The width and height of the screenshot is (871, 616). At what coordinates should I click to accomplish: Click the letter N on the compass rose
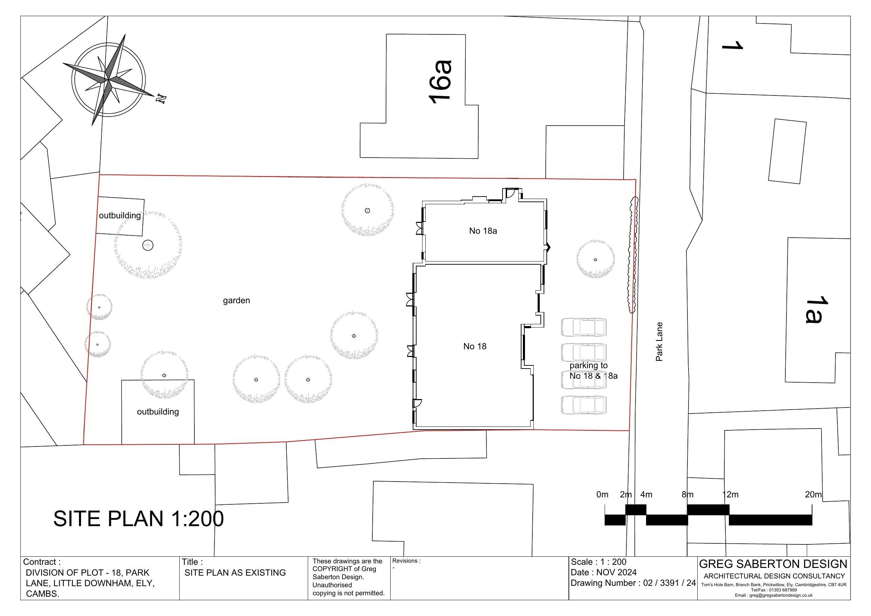(x=161, y=99)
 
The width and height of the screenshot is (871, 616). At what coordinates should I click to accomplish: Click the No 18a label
(x=483, y=231)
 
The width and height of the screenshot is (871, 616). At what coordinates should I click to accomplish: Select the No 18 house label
(x=474, y=346)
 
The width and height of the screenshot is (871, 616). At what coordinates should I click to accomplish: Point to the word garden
(x=236, y=300)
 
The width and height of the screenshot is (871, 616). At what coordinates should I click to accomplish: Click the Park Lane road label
(x=659, y=342)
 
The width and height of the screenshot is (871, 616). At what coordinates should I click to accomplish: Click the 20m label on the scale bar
(x=813, y=495)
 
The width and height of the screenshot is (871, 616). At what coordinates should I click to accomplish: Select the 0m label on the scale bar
(x=602, y=495)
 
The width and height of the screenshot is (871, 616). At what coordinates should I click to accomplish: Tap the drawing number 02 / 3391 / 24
(x=669, y=583)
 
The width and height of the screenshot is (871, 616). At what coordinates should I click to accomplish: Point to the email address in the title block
(x=773, y=595)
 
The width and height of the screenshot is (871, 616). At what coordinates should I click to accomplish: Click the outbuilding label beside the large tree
(x=120, y=216)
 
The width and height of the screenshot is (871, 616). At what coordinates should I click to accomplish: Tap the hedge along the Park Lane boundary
(x=633, y=255)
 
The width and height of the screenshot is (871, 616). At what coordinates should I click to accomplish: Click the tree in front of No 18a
(x=595, y=259)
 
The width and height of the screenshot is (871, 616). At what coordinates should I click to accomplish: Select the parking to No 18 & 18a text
(x=593, y=370)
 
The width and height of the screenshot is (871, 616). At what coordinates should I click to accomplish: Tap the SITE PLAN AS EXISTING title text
(x=235, y=573)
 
